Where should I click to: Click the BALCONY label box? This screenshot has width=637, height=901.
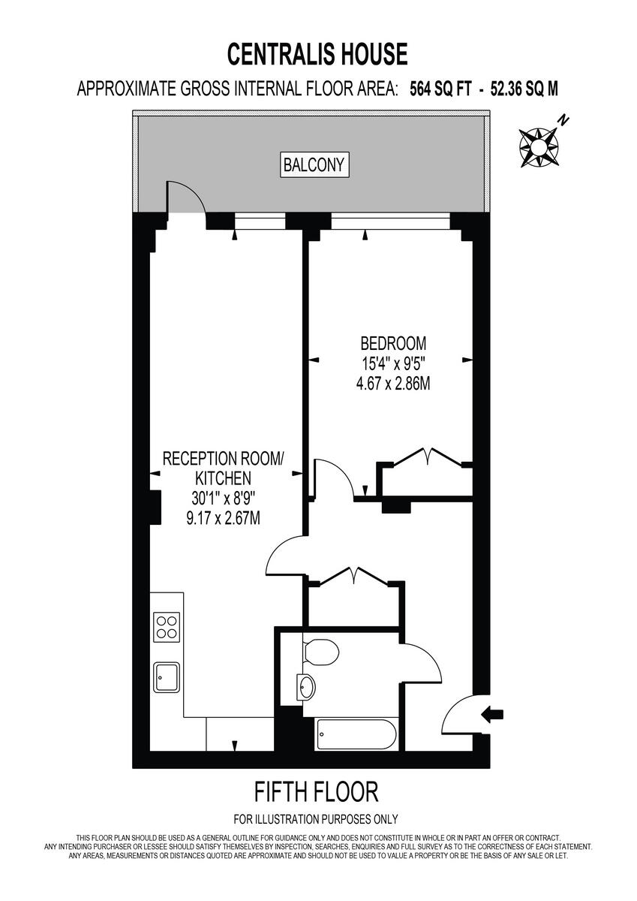[x=316, y=164]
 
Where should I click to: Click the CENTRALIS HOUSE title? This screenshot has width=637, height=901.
[x=318, y=54]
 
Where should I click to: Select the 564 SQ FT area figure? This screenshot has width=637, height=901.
[x=440, y=89]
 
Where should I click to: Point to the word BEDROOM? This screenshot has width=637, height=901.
[x=393, y=344]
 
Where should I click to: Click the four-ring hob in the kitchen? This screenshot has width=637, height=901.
[x=166, y=626]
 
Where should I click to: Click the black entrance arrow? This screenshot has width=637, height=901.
[x=494, y=715]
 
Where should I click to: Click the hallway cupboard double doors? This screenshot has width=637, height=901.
[x=352, y=576]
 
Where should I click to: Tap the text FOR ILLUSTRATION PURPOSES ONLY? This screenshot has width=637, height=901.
[x=316, y=819]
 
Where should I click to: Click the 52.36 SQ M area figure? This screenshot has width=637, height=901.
[x=524, y=89]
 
